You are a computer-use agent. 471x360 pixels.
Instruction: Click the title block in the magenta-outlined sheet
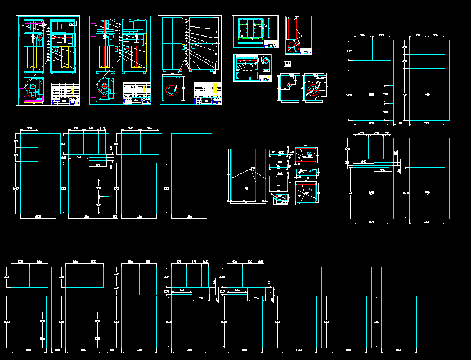(x=65, y=93)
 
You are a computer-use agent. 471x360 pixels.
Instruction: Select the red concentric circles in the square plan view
(x=172, y=90)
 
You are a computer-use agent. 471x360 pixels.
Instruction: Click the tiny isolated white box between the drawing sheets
(x=287, y=64)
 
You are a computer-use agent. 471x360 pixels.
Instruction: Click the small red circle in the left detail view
(x=289, y=84)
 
